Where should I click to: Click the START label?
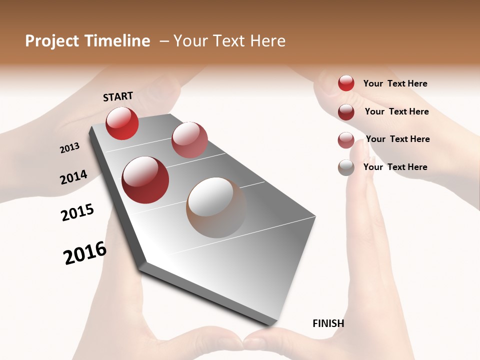tap(118, 96)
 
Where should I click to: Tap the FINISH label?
tap(328, 323)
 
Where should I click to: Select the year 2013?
tap(69, 148)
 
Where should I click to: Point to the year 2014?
tap(73, 177)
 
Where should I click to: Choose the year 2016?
tap(85, 253)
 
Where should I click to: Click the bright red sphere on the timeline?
tap(122, 123)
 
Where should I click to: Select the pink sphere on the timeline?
tap(189, 140)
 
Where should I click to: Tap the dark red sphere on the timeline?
tap(145, 180)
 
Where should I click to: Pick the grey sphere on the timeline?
tap(216, 207)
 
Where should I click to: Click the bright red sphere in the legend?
tap(346, 83)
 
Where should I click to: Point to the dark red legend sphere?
tap(346, 111)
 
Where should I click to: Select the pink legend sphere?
tap(346, 140)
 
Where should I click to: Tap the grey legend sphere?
tap(346, 167)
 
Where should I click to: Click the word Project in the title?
tap(52, 41)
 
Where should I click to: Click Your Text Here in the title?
tap(229, 41)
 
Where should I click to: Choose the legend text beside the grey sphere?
tap(395, 167)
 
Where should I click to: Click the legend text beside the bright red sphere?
tap(395, 83)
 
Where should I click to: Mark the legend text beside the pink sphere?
tap(398, 139)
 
